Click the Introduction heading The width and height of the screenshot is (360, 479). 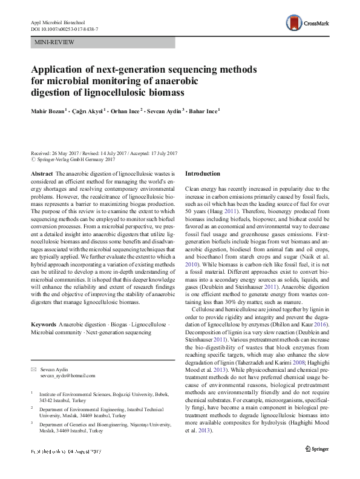coord(203,174)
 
